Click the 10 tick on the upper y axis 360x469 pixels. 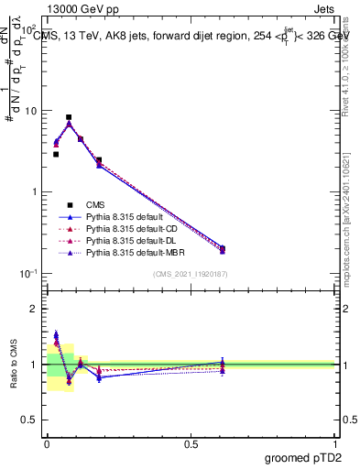(30, 111)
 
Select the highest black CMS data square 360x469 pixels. (69, 117)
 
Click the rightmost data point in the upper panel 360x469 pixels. (223, 248)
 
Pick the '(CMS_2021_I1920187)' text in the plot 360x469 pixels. (191, 275)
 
